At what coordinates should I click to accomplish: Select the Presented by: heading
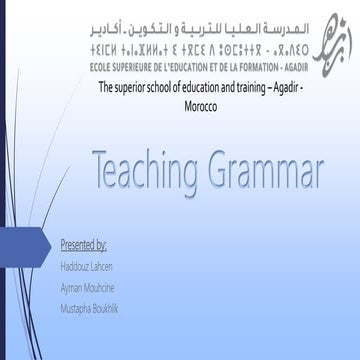[84, 244]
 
